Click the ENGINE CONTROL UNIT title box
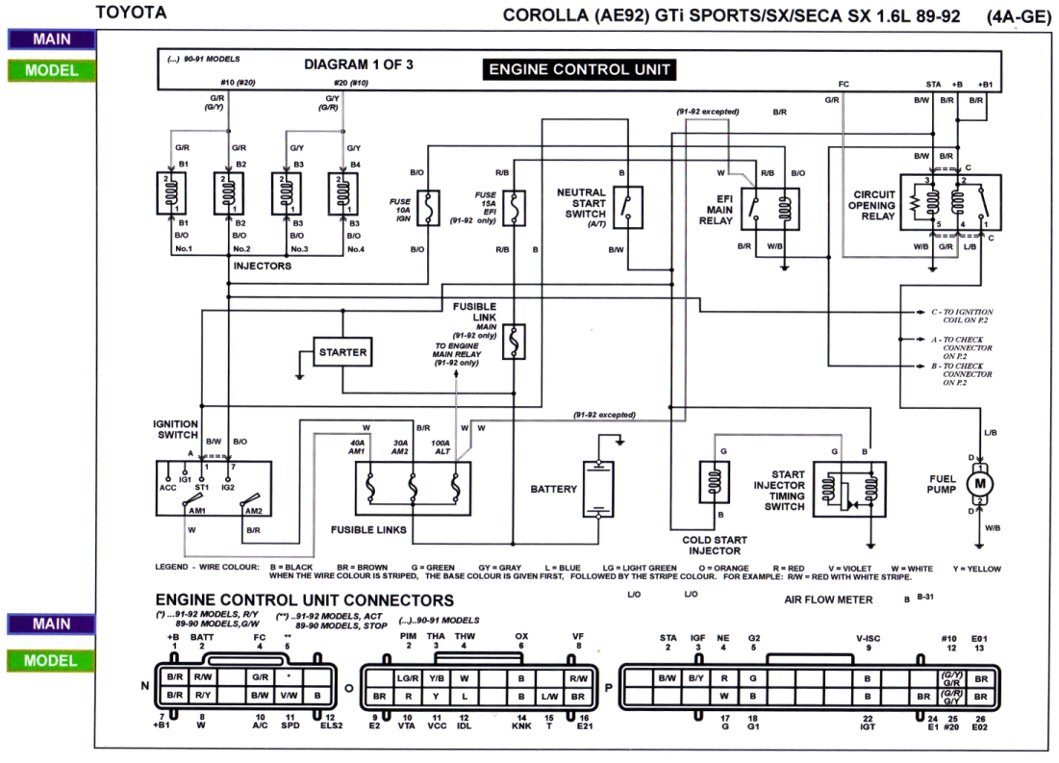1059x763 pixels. click(x=578, y=69)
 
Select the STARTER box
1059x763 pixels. click(x=343, y=352)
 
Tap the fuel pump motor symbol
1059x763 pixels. click(x=982, y=481)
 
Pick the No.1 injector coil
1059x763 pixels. click(x=175, y=194)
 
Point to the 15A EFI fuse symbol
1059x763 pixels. click(x=518, y=208)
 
